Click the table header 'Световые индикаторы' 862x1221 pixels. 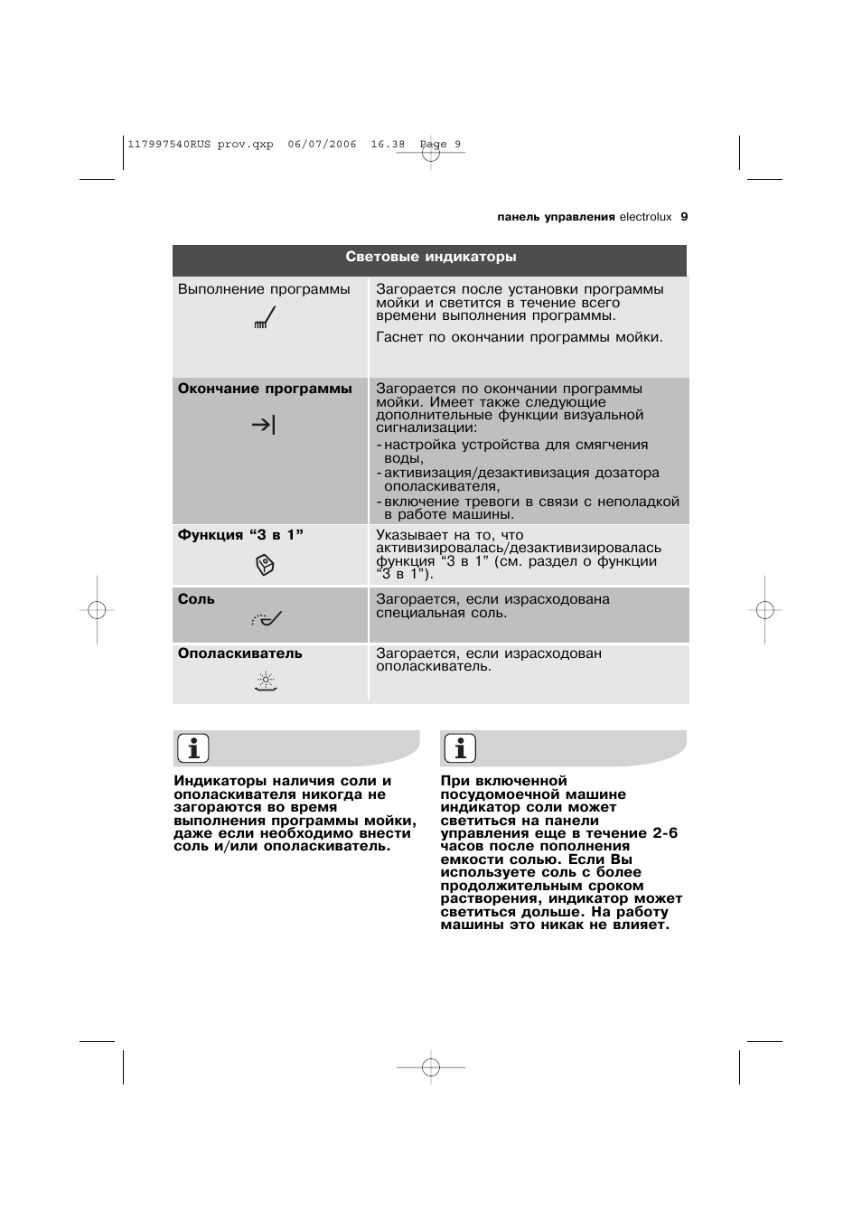430,258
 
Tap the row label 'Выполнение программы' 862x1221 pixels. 264,289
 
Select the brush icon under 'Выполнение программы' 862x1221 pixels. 265,318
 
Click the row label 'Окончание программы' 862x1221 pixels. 265,389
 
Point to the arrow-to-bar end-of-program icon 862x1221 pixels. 263,424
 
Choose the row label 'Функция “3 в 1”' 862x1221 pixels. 240,535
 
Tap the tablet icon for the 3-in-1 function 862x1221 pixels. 265,566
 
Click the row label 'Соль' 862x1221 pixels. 196,599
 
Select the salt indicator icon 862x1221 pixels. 267,619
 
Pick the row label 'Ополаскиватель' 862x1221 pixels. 239,653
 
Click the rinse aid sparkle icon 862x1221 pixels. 266,681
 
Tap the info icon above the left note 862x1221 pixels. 192,748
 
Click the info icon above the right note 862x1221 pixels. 460,748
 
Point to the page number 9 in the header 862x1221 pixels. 684,217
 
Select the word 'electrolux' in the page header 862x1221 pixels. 645,217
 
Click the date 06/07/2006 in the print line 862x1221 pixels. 322,144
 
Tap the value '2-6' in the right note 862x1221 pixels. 665,833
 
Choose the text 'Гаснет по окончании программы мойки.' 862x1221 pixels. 519,337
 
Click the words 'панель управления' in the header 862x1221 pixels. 556,217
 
